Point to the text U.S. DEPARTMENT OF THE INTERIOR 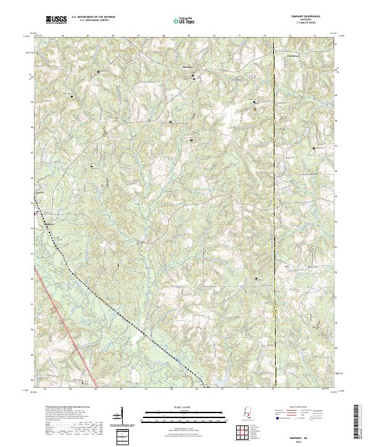(93, 17)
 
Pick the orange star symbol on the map (255, 109)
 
